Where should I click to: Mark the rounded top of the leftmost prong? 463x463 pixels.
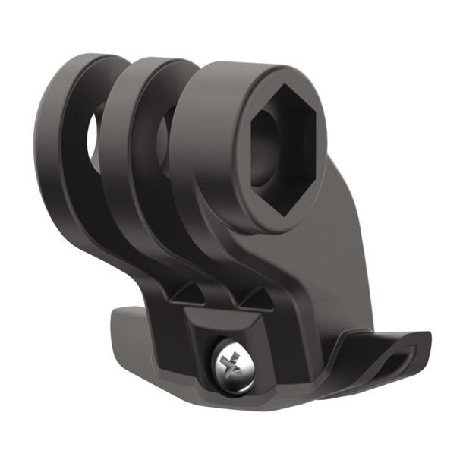click(x=83, y=65)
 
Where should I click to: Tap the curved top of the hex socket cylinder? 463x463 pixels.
click(x=250, y=72)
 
